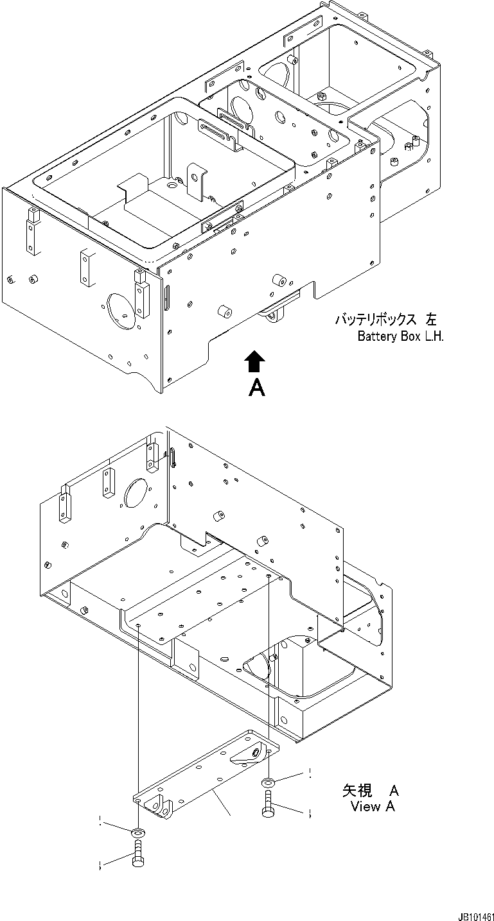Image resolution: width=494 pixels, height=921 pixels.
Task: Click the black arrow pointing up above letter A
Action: tap(255, 361)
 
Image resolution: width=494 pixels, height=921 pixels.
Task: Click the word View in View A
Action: tap(366, 807)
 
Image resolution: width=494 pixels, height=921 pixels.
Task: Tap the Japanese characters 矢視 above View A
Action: tap(355, 791)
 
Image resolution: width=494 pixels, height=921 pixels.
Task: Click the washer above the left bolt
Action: tap(137, 833)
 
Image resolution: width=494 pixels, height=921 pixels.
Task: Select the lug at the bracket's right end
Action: tap(251, 755)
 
